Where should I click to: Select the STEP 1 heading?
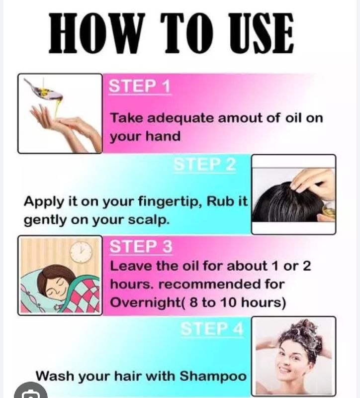click(140, 86)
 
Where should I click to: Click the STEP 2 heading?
click(204, 164)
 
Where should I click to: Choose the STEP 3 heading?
click(141, 246)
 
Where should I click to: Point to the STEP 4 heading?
click(212, 329)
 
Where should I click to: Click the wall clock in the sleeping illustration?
click(81, 252)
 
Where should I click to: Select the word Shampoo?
click(213, 376)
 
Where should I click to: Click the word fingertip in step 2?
click(170, 202)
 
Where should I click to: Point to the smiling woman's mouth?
click(284, 370)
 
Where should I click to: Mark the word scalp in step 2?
click(148, 220)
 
